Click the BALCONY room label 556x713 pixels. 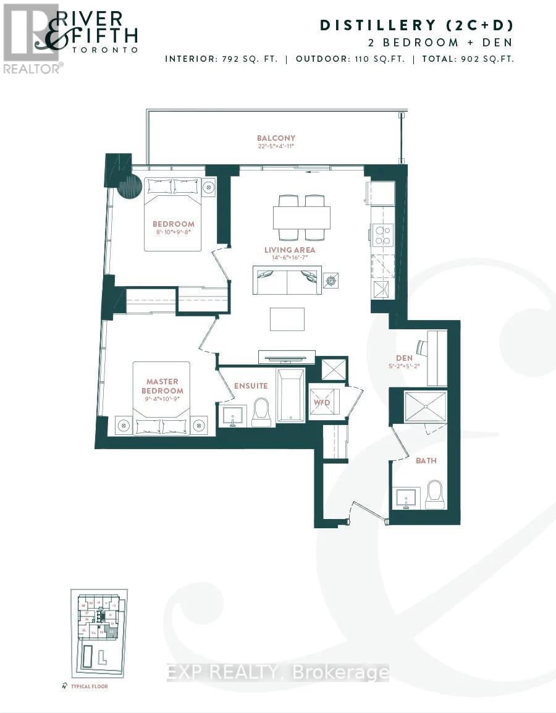click(x=276, y=138)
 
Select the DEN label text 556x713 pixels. click(x=405, y=358)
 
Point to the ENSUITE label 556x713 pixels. click(x=250, y=386)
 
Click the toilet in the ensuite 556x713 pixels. click(x=261, y=412)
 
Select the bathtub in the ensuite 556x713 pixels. click(x=290, y=396)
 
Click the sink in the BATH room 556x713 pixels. click(x=406, y=497)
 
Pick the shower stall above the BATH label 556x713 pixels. click(x=425, y=405)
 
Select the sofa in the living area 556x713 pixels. click(x=287, y=281)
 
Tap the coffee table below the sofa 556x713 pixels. click(x=287, y=319)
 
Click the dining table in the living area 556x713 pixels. click(x=301, y=217)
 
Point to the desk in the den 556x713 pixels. click(x=437, y=357)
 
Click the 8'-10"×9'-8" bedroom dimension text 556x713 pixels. click(x=174, y=233)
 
